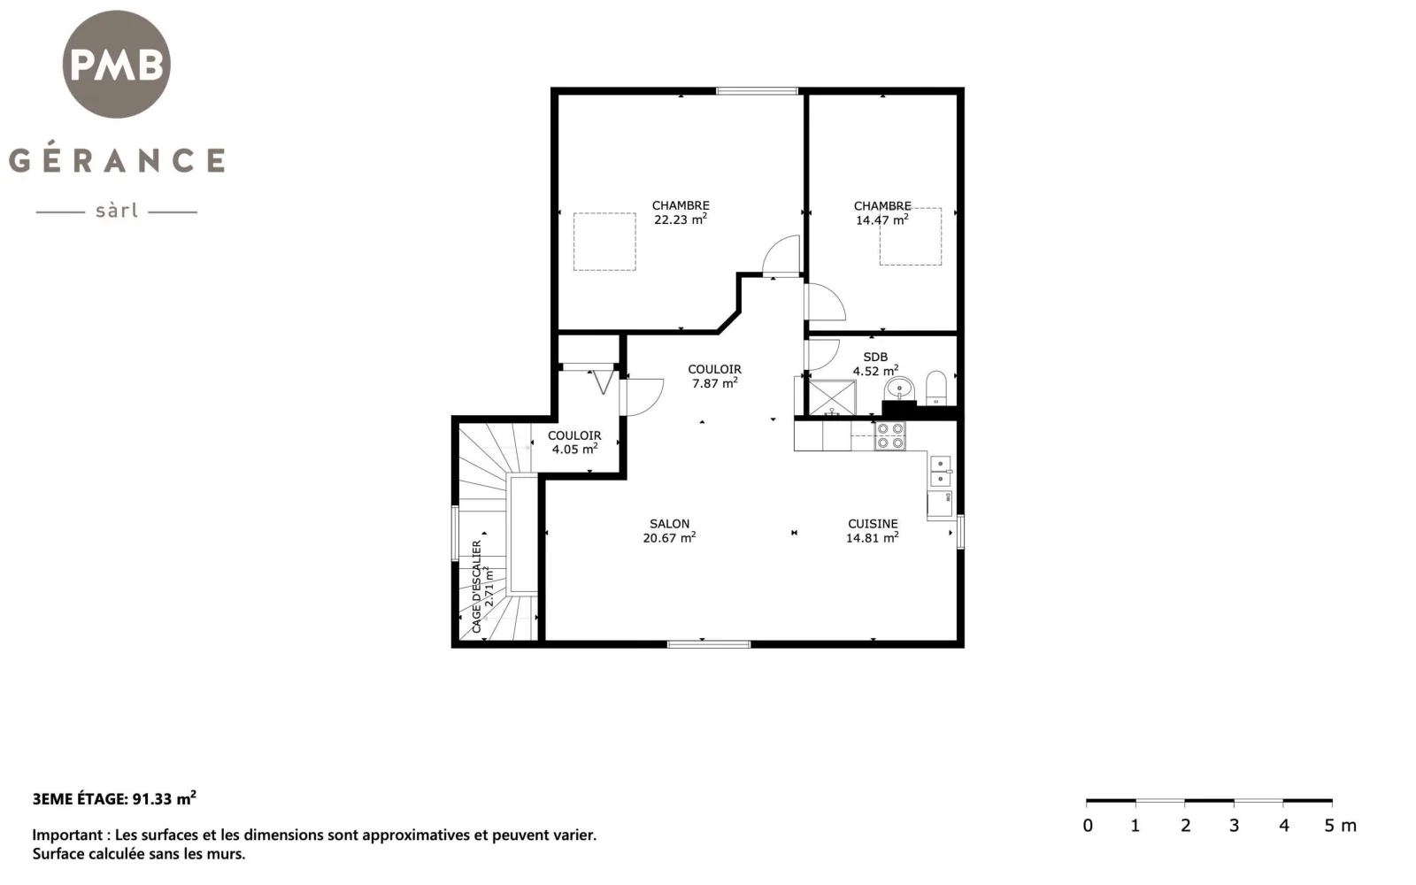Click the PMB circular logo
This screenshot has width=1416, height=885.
(x=116, y=64)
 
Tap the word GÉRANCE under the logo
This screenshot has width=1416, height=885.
(x=117, y=160)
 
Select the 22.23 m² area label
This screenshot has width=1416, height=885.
(x=681, y=219)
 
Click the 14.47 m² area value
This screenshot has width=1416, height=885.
(x=881, y=220)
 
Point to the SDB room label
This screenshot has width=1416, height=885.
(x=875, y=358)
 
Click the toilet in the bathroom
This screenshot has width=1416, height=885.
(x=936, y=388)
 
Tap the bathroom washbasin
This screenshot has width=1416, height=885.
(x=899, y=389)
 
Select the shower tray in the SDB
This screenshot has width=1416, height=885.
(x=833, y=397)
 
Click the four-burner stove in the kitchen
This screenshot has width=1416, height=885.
(x=890, y=436)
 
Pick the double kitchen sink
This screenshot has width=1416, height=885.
(x=940, y=472)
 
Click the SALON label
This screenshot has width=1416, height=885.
(x=669, y=524)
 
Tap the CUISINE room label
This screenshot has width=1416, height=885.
(x=873, y=524)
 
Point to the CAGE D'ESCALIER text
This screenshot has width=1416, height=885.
(x=477, y=587)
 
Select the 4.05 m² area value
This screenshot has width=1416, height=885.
(x=574, y=450)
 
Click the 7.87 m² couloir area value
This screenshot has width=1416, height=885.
(x=714, y=383)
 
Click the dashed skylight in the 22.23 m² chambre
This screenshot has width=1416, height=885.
(x=604, y=242)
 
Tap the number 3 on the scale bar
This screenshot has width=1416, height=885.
(x=1234, y=826)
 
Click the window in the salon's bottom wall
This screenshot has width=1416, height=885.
(x=709, y=644)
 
